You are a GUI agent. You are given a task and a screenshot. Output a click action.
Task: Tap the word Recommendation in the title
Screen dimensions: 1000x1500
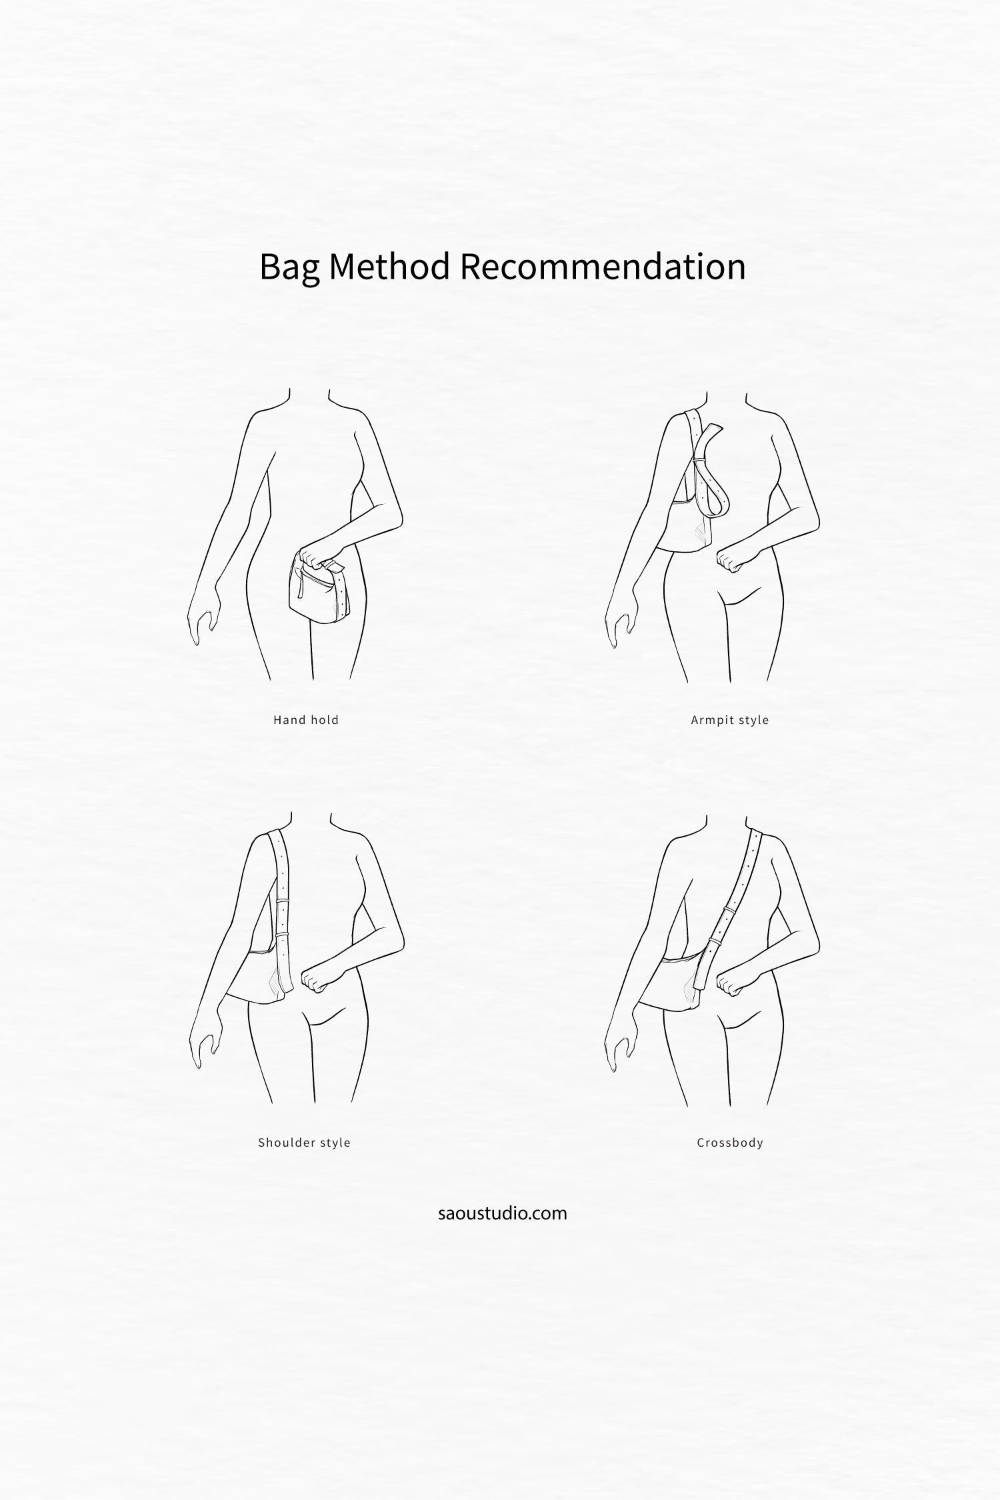click(x=603, y=266)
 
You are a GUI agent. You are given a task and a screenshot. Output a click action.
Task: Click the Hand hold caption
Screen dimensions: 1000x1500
click(x=306, y=720)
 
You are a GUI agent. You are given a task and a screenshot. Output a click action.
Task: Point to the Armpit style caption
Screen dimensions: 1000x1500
click(x=730, y=720)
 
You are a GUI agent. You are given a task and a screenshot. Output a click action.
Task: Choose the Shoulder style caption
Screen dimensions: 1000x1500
click(x=304, y=1143)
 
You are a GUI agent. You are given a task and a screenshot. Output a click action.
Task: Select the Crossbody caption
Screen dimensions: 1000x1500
click(x=730, y=1143)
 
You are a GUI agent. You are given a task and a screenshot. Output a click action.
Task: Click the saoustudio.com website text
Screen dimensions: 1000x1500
click(x=503, y=1213)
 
